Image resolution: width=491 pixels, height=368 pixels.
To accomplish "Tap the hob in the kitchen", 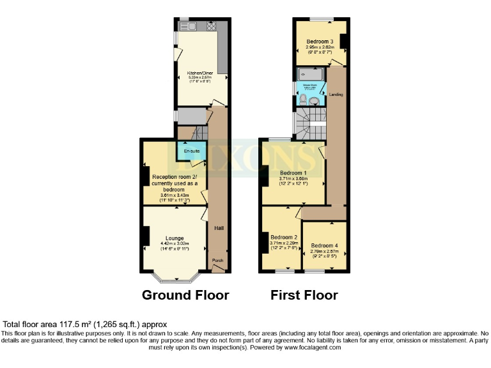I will pos(211,27).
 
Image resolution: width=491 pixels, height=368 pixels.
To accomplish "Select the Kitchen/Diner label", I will pos(195,74).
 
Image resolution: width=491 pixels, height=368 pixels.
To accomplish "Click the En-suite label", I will pos(192,151).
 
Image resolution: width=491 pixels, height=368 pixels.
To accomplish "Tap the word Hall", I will pos(219,227).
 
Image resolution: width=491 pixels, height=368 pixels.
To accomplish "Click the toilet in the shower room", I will pos(302,99).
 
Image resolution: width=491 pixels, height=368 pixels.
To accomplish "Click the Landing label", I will pos(336,95).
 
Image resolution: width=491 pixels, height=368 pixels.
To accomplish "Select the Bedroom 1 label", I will pos(293,173).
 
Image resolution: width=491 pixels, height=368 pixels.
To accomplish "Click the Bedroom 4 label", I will pos(324,246).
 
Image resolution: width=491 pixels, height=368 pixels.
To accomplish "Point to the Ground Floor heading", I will pos(185,295).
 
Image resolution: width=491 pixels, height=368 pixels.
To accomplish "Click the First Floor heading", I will pos(304,295).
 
